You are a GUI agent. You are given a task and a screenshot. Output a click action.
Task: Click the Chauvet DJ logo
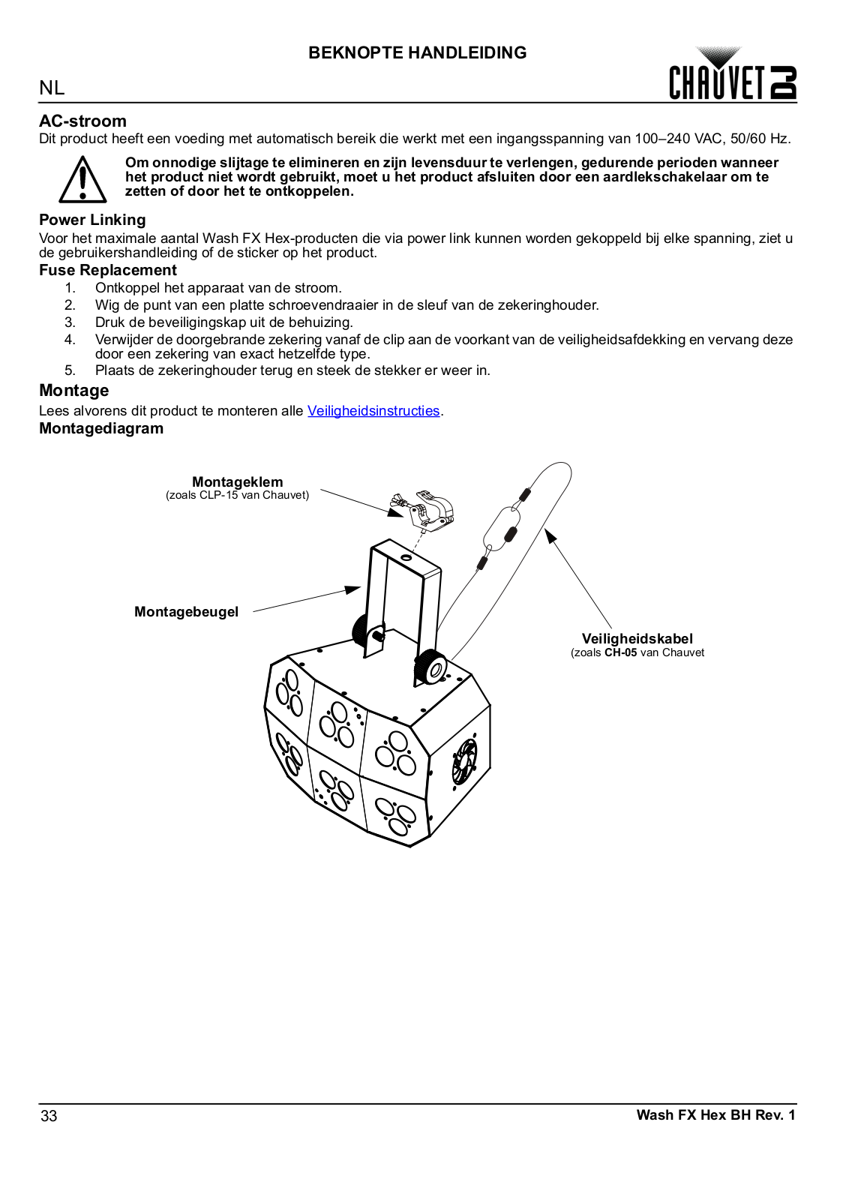coord(732,75)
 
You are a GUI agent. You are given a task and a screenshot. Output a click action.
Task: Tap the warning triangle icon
coord(82,180)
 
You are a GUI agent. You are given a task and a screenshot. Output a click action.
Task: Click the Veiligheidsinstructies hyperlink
coord(373,411)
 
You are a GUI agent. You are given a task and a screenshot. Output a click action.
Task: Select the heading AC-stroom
coord(82,121)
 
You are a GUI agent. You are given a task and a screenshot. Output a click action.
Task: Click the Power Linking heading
coord(92,220)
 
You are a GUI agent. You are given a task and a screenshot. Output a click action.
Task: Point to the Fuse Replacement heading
coord(108,270)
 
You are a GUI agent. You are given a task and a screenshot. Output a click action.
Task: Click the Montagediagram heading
coord(101,428)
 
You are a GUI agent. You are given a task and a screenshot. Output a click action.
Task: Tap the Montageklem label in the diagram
coord(237,482)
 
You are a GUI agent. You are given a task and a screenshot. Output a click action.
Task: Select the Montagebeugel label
coord(186,612)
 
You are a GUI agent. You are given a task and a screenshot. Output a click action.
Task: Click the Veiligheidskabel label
coord(637,639)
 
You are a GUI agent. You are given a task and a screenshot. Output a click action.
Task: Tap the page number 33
coord(49,1116)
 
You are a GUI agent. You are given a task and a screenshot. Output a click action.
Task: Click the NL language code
coord(52,88)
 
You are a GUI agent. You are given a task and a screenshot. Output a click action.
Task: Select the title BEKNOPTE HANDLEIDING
coord(417,52)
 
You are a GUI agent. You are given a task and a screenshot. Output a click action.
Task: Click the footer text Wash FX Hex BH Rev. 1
coord(715,1115)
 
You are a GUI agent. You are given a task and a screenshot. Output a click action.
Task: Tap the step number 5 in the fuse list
coord(70,370)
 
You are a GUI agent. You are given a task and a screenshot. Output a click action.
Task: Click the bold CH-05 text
coord(620,652)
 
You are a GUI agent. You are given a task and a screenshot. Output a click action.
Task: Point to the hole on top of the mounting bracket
coord(406,558)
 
